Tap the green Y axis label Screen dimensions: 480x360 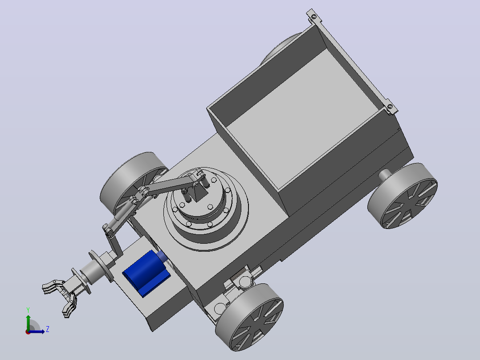tap(28, 310)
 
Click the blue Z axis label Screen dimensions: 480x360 tap(48, 329)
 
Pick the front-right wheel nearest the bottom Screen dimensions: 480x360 tap(249, 317)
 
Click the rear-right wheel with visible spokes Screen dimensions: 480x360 tap(403, 196)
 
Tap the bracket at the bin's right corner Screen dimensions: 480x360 tap(391, 107)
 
